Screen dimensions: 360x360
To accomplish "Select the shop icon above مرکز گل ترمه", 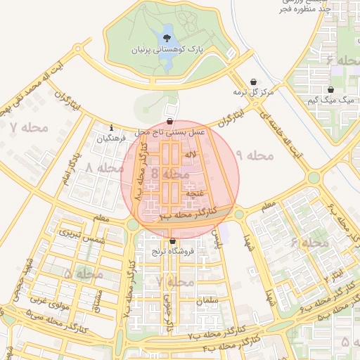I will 253,81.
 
